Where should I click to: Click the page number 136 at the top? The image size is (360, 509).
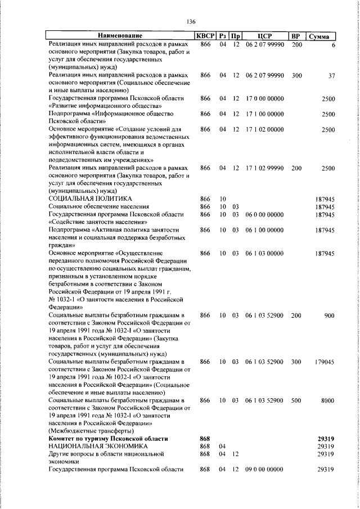click(x=191, y=22)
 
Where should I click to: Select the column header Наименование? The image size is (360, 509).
click(x=120, y=36)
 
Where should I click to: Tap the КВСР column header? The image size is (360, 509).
click(x=205, y=36)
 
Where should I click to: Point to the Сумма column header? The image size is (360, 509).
click(x=321, y=37)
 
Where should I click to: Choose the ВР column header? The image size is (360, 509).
click(x=296, y=36)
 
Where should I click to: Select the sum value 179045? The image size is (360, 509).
click(x=325, y=363)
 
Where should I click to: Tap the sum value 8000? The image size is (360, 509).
click(x=328, y=400)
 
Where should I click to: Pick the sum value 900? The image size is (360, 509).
click(x=330, y=316)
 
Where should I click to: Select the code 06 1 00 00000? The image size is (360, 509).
click(x=264, y=230)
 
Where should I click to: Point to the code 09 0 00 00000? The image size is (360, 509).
click(x=264, y=470)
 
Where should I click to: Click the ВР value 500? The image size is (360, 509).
click(x=296, y=400)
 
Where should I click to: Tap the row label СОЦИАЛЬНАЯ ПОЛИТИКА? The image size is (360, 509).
click(x=90, y=199)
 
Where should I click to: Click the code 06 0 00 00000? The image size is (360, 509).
click(x=264, y=214)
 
